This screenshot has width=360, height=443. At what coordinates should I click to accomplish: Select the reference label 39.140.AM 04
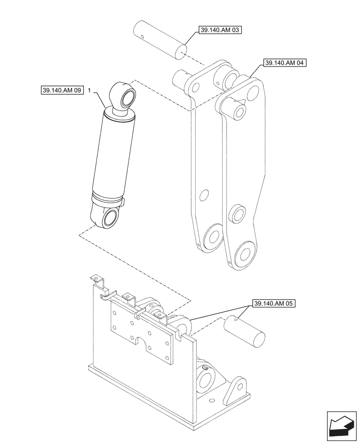click(x=285, y=63)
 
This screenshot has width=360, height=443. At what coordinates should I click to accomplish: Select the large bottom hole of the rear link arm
click(x=214, y=238)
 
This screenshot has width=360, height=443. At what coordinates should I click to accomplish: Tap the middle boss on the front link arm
click(x=236, y=214)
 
